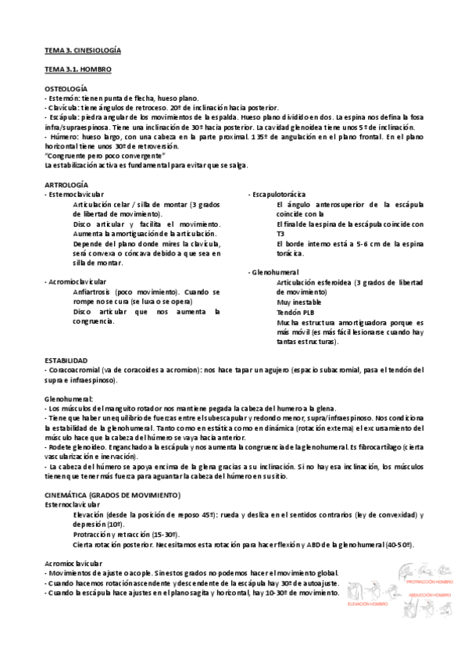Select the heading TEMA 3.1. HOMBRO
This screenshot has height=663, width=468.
77,70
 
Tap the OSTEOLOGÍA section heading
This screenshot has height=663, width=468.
66,89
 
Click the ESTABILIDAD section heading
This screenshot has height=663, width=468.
66,360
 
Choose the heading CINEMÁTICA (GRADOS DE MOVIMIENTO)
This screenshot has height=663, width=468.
113,496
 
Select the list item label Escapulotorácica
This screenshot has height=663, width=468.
279,193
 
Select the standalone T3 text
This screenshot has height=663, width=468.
280,233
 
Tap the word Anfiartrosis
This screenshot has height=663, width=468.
94,291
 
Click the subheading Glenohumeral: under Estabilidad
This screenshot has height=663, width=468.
67,398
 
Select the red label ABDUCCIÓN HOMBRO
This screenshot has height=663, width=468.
429,595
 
